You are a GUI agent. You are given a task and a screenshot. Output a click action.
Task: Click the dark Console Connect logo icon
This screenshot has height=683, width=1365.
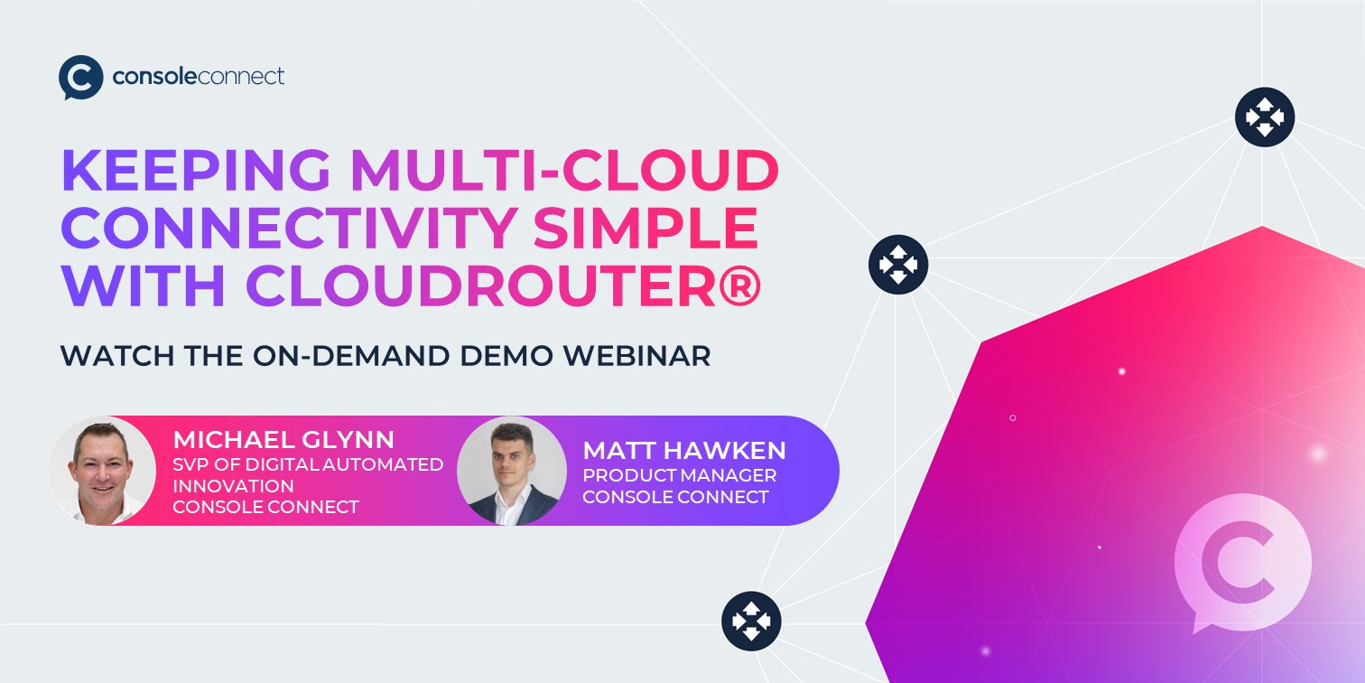point(80,77)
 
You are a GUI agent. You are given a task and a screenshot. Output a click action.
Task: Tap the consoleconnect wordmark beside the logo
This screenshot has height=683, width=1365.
point(199,76)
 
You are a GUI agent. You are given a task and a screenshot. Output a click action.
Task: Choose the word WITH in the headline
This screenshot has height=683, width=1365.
point(144,286)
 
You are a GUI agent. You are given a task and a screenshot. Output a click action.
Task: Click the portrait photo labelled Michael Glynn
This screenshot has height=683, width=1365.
point(102,470)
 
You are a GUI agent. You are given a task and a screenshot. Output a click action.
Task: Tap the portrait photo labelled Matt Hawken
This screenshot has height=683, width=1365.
point(512,470)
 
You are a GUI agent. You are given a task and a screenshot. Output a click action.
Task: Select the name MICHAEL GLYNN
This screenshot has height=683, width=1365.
point(283,440)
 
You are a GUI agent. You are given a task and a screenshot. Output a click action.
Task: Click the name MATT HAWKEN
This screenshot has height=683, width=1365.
point(684,450)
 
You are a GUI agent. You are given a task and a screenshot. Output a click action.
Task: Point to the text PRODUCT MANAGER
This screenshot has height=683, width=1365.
point(679,475)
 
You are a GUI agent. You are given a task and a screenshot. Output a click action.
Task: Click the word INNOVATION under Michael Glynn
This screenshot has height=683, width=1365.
point(233,486)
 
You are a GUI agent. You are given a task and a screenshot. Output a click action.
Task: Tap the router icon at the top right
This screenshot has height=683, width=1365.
point(1264,117)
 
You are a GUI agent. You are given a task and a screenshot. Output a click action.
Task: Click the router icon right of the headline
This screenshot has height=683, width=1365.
point(897,265)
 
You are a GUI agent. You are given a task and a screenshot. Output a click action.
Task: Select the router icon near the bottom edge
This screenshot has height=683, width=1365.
point(751,621)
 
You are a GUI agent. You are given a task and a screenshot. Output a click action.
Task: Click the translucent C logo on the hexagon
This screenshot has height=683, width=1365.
point(1242,562)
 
